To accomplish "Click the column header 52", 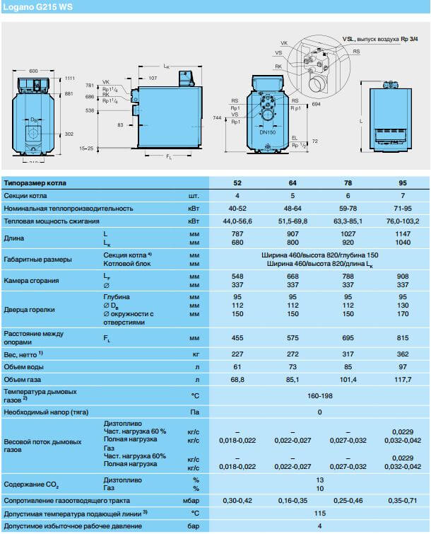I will [237, 183].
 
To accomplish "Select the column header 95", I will [403, 183].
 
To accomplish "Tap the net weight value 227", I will [237, 354].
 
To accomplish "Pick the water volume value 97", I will [403, 366].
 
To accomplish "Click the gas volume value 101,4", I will [348, 380].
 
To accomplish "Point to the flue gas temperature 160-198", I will [320, 395].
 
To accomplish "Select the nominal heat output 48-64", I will [293, 209].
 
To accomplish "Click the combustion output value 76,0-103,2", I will [403, 221].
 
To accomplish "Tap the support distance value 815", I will [403, 338].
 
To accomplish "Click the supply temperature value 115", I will [320, 512].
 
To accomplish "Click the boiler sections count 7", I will [403, 196].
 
